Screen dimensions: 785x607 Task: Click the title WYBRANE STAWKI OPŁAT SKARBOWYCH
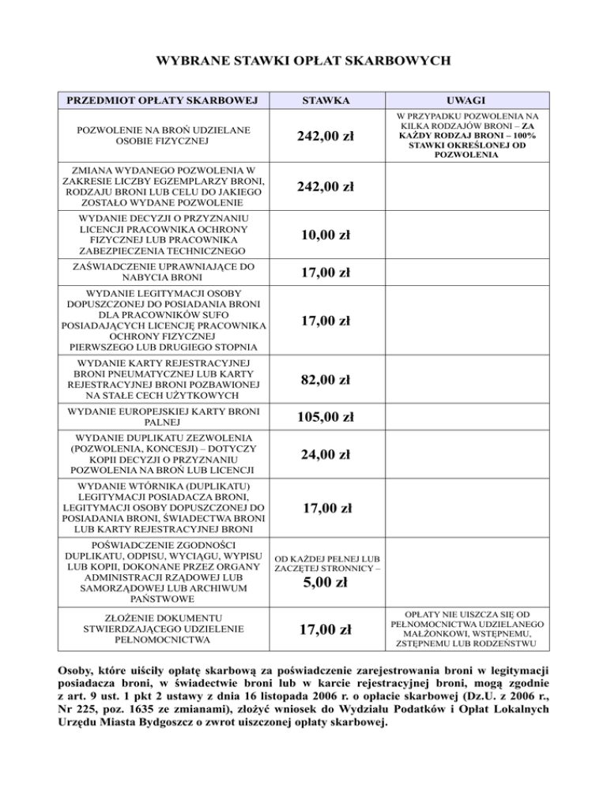[x=304, y=59]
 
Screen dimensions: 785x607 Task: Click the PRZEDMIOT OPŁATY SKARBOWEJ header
[x=164, y=101]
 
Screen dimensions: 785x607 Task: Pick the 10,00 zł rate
[x=324, y=235]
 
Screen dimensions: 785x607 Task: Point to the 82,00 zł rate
[x=324, y=379]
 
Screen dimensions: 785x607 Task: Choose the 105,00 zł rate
[x=324, y=416]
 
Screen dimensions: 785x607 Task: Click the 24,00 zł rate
[x=324, y=455]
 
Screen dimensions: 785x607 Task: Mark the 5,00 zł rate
[x=326, y=584]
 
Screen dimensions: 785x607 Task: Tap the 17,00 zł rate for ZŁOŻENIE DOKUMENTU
[x=324, y=629]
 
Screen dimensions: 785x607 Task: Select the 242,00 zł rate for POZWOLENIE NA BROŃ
[x=324, y=137]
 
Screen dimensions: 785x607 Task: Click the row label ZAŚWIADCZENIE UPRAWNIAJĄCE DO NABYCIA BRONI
[x=164, y=272]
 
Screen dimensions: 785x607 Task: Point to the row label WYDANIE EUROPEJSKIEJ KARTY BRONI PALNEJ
[x=164, y=416]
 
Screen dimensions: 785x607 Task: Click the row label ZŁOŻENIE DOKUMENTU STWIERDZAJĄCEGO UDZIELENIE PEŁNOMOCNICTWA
[x=164, y=629]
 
